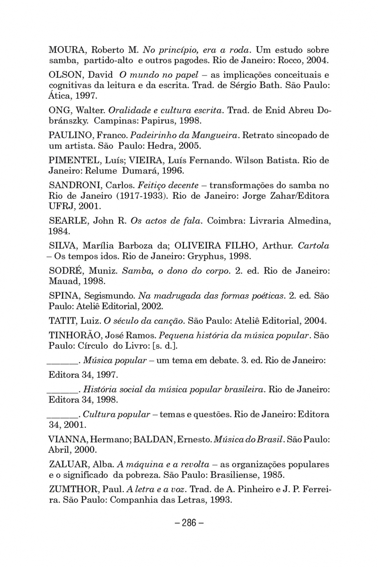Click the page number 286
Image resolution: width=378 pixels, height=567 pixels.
189,523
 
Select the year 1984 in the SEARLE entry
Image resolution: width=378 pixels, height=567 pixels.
59,232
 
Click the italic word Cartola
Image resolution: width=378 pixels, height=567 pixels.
313,246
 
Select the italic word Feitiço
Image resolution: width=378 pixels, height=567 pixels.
150,185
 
